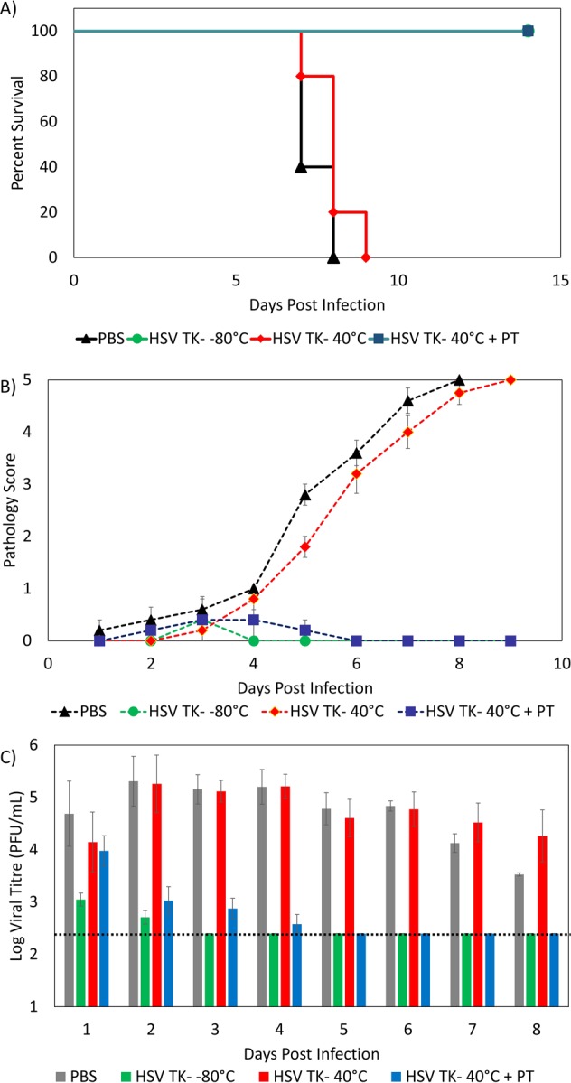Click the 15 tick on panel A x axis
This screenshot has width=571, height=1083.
tap(559, 278)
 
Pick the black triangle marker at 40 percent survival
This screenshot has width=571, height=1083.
tap(301, 167)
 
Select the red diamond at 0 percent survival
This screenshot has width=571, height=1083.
tap(365, 257)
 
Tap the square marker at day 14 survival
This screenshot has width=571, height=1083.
tap(528, 31)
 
